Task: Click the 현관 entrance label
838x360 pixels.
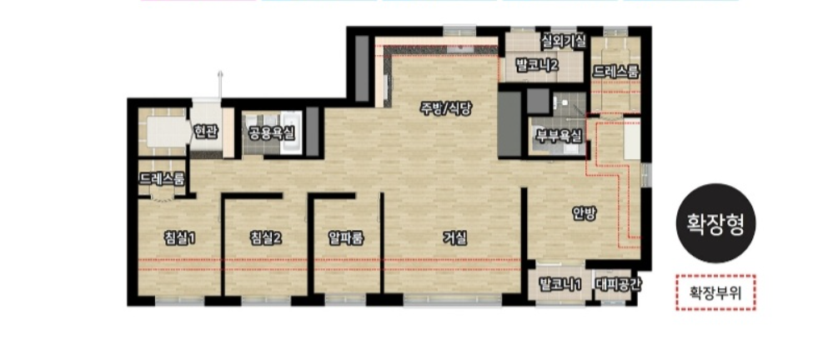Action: pos(206,132)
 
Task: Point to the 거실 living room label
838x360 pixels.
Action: pos(454,237)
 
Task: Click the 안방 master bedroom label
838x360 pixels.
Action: pos(584,213)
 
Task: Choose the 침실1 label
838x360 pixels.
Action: pos(179,238)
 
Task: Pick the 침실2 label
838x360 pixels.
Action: pos(266,238)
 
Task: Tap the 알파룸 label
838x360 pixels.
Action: pos(346,238)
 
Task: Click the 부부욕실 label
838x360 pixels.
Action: pos(559,136)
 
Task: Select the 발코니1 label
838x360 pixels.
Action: pos(560,283)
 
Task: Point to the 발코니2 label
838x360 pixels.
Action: pos(537,66)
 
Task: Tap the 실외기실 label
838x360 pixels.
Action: pos(564,41)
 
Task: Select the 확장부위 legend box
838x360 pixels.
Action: pos(715,292)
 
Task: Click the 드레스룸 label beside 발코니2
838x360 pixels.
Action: pos(616,72)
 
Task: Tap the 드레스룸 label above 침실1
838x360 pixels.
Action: pos(162,177)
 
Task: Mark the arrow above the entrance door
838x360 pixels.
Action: pos(219,84)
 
